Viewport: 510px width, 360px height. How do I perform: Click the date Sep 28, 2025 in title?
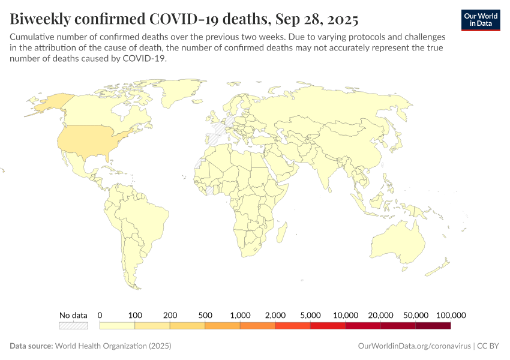pos(317,20)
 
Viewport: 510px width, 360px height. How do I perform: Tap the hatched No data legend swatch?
pos(73,326)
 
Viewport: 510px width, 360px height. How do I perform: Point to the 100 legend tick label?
pos(135,315)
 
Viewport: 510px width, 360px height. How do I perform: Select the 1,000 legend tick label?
pos(240,315)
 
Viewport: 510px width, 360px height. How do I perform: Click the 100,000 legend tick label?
pos(450,315)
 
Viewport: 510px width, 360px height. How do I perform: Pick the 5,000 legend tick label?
pos(310,315)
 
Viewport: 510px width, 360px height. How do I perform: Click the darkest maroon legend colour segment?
pos(433,326)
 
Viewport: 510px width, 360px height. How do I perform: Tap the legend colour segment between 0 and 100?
pos(117,326)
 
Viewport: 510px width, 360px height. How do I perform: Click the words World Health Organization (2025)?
pos(113,346)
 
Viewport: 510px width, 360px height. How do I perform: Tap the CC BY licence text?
pos(489,346)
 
